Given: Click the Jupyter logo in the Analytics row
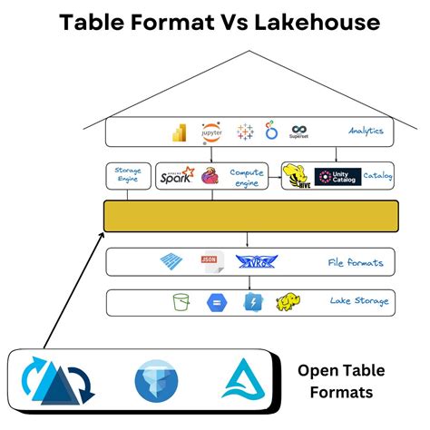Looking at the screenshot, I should (x=211, y=132).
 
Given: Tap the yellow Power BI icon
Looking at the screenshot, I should (x=180, y=132).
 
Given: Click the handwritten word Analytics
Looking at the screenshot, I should (x=365, y=132).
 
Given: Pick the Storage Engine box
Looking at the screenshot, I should (x=127, y=175).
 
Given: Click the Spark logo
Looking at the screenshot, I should (x=177, y=176).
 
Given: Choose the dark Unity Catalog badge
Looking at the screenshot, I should (x=337, y=177).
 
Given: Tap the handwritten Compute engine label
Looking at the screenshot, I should (x=247, y=176).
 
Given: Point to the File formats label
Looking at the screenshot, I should (x=355, y=263).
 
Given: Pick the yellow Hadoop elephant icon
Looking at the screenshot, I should (x=289, y=302).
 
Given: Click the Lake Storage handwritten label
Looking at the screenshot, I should (x=358, y=302).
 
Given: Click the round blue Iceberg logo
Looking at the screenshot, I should (x=157, y=381).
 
